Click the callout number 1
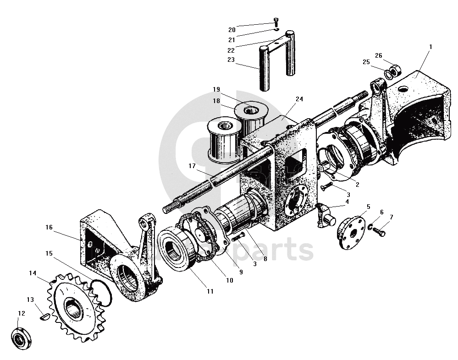click(x=430, y=46)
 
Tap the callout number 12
click(x=21, y=314)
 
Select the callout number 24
click(x=299, y=98)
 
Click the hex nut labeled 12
click(x=20, y=339)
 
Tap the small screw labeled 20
click(x=276, y=21)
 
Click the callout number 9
click(x=241, y=272)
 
